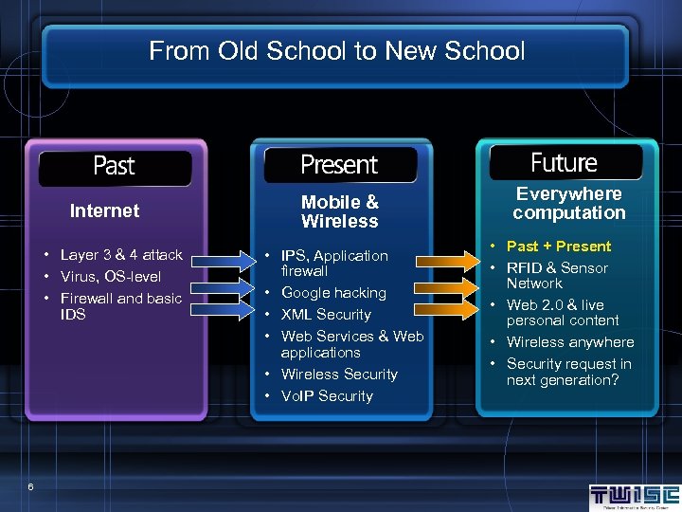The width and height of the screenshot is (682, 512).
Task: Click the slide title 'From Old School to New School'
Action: [336, 51]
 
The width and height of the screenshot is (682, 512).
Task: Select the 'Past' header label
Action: [114, 166]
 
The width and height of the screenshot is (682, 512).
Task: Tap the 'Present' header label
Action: [339, 165]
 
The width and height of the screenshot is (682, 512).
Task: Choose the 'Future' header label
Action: [564, 163]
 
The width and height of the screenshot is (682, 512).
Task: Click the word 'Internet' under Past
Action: [104, 210]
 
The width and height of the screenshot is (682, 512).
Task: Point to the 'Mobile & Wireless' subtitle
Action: [339, 211]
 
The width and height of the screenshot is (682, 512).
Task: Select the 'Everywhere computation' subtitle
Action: [568, 203]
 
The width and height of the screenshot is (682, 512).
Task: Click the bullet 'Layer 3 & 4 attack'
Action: [120, 255]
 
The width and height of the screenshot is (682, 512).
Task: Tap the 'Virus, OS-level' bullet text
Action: [110, 277]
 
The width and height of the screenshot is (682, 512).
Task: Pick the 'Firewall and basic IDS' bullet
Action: [119, 306]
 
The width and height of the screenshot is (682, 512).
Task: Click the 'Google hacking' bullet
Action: [333, 293]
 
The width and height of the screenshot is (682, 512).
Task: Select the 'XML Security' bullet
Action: [326, 315]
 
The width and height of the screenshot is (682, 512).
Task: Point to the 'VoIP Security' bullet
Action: [327, 396]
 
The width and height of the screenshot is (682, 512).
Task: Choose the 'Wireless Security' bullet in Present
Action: [339, 375]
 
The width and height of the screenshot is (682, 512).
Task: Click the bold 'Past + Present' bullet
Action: [559, 247]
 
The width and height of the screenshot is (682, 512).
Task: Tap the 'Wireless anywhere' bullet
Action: [569, 342]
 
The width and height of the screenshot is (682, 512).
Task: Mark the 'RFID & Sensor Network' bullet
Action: [557, 276]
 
